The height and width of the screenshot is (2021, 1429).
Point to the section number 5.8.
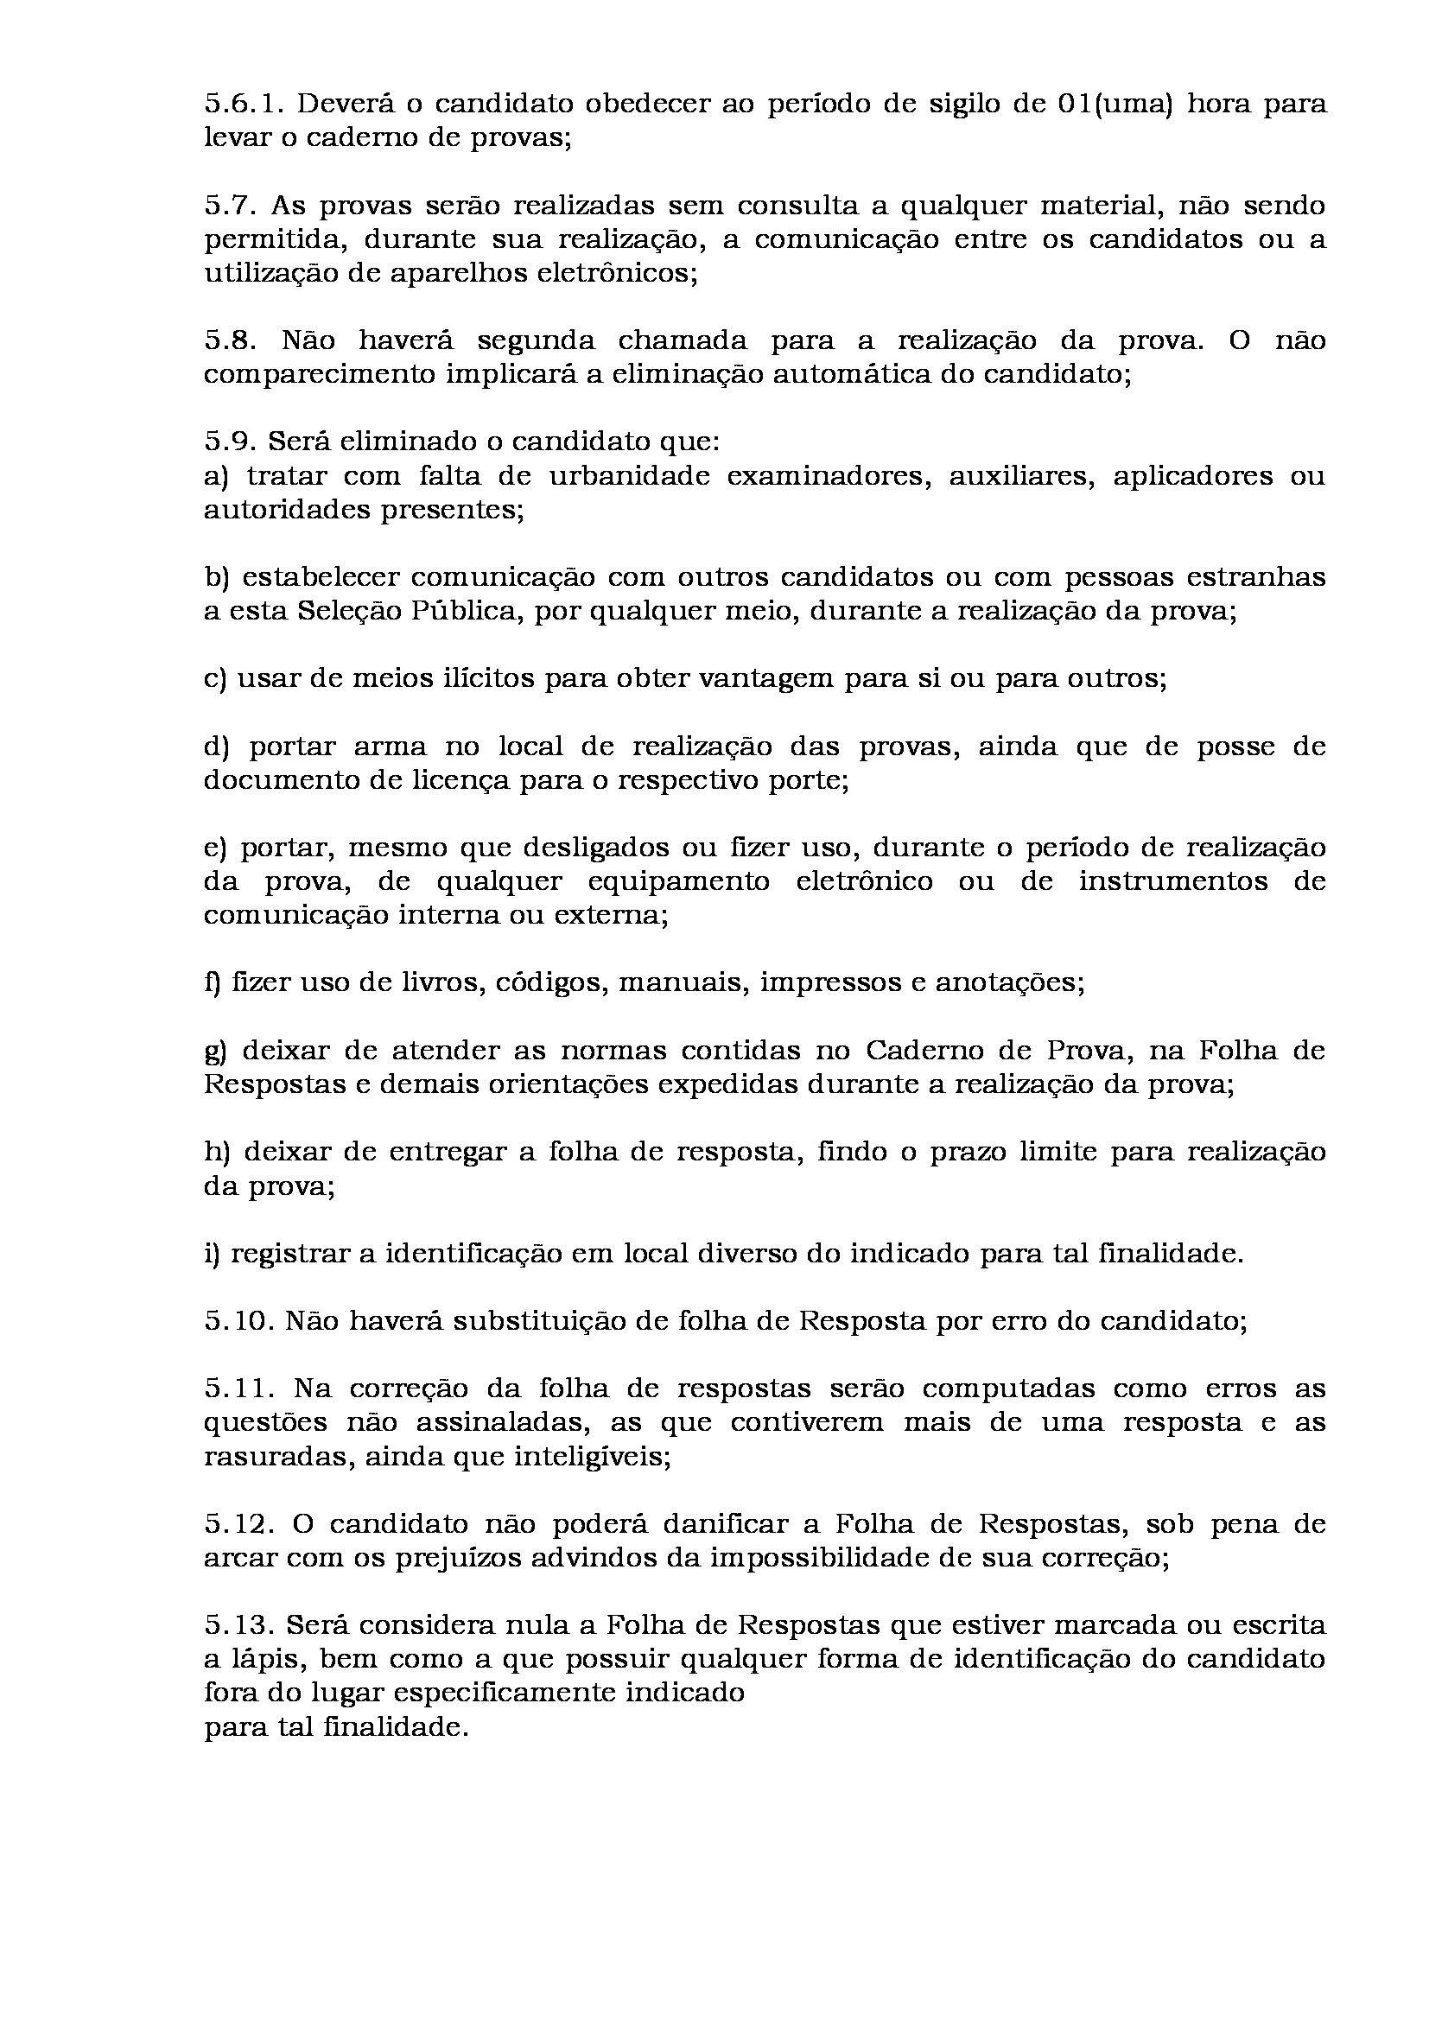click(231, 340)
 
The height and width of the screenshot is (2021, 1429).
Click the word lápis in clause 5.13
click(267, 1659)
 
